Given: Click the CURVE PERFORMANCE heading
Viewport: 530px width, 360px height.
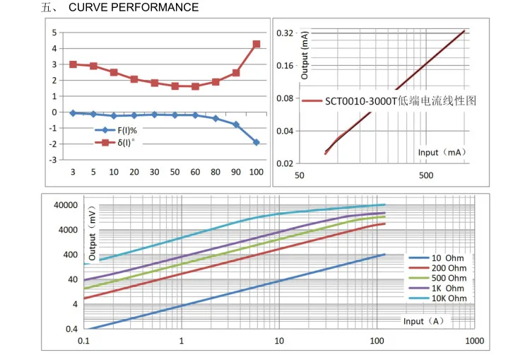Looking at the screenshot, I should [x=134, y=8].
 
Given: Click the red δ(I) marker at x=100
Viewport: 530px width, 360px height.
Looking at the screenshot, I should [x=257, y=44].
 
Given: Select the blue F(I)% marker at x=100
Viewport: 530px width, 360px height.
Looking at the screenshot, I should [x=257, y=142].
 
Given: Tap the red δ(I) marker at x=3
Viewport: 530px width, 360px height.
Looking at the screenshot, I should [x=73, y=64].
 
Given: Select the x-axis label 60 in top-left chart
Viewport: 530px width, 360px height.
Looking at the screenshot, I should [x=195, y=173].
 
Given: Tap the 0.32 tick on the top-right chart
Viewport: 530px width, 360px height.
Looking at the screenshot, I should [x=285, y=33].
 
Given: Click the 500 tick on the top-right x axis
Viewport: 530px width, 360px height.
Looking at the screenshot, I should [x=425, y=175].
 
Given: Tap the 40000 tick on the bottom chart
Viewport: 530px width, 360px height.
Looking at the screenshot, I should [x=63, y=205].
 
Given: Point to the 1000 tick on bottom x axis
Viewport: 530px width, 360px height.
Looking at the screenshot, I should [x=474, y=341].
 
